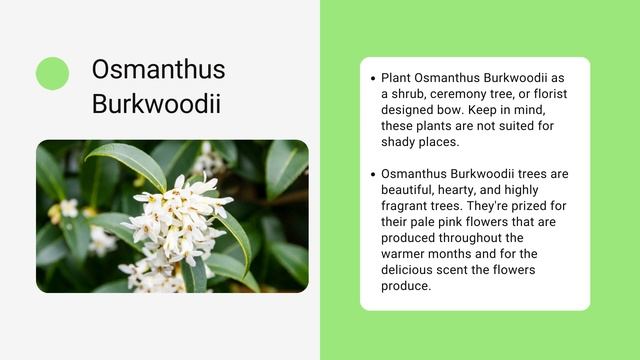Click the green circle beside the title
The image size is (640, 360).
[52, 73]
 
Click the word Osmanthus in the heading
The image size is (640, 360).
[158, 69]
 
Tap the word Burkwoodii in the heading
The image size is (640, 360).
[156, 103]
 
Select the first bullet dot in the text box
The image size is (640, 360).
[372, 78]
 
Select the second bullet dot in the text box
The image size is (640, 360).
[372, 174]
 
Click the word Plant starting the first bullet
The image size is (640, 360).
[397, 78]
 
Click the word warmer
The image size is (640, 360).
[407, 254]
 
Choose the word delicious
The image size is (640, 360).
[411, 270]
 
